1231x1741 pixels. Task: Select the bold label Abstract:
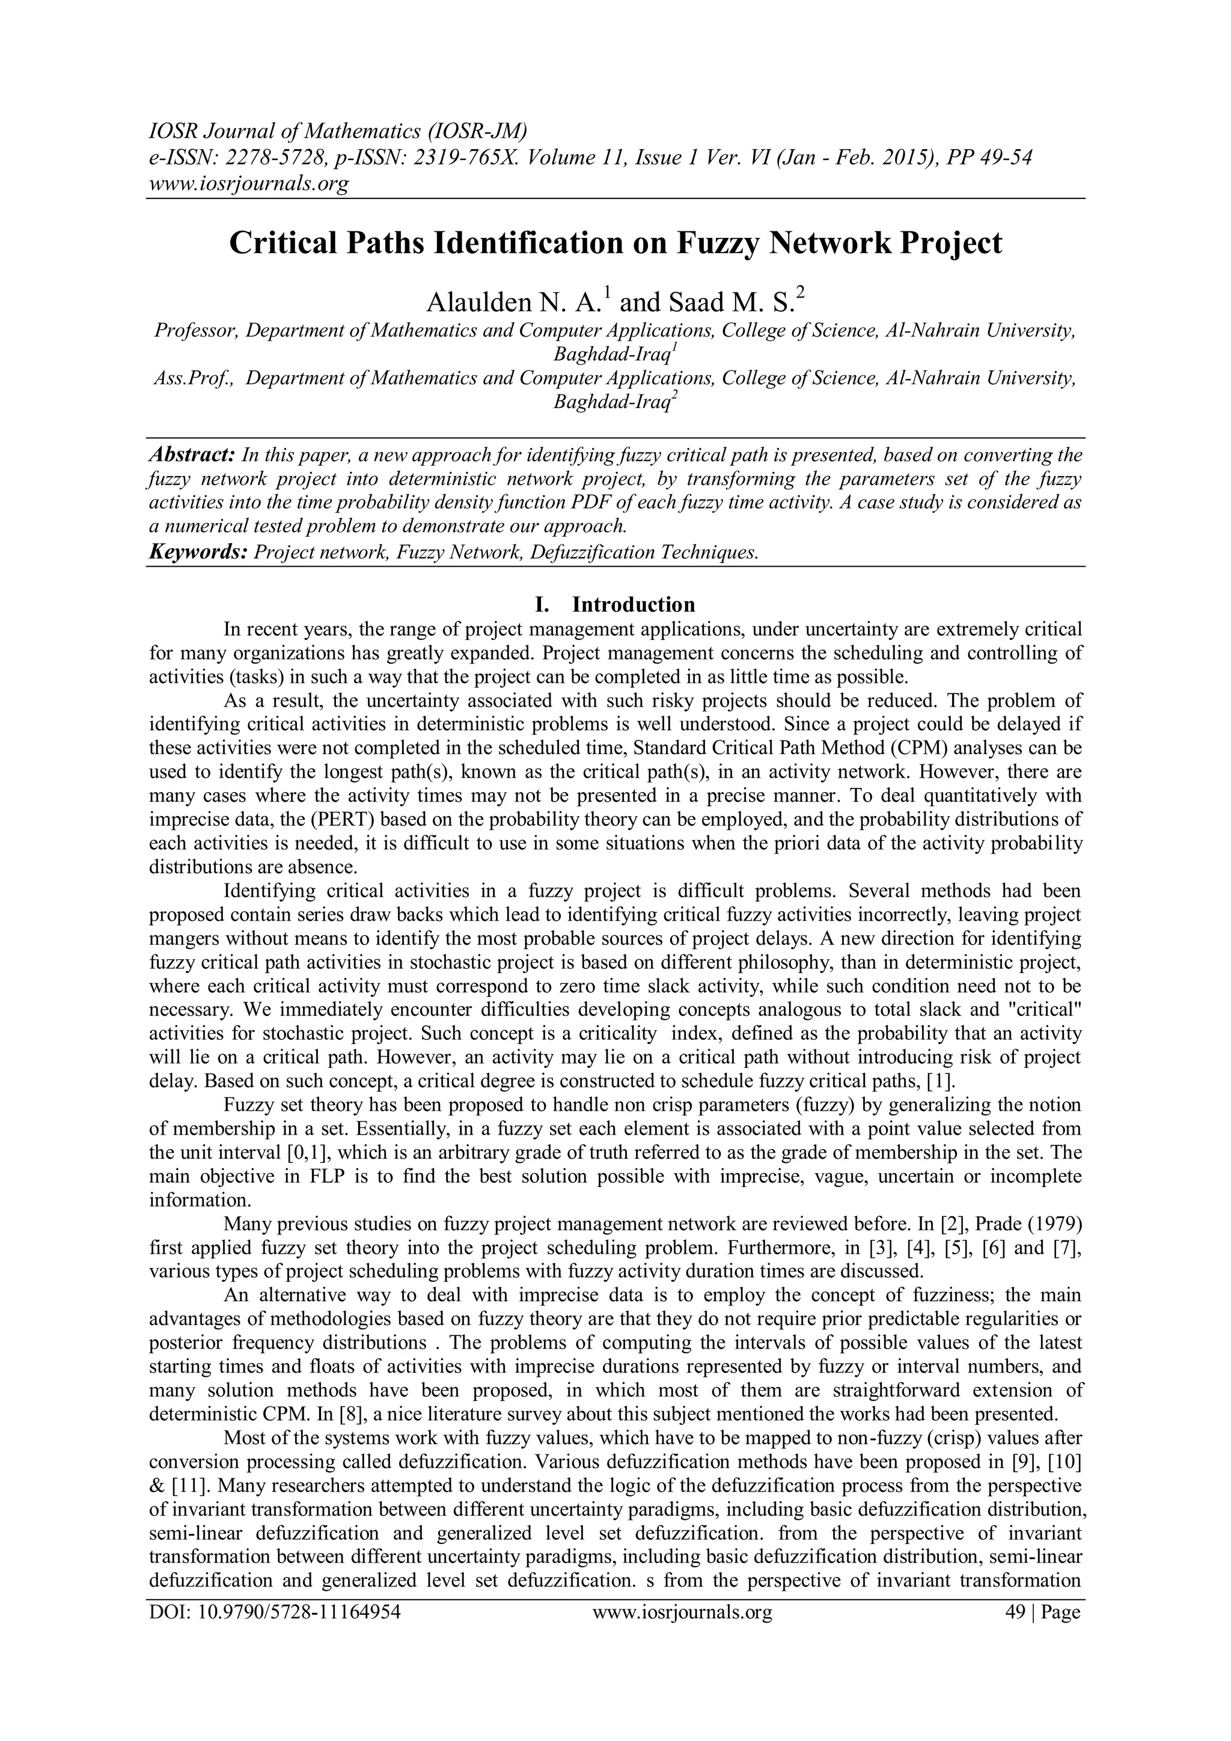192,455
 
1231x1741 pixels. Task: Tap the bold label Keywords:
198,552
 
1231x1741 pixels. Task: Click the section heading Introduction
634,605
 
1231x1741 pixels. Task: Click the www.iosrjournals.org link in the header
248,183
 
